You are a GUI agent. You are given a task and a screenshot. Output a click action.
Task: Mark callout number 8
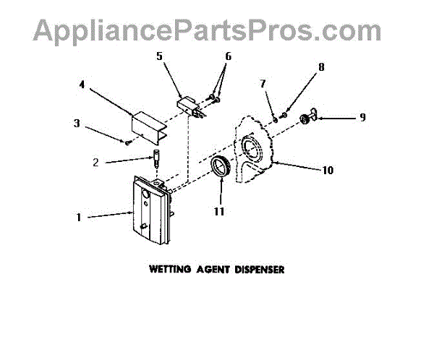tap(321, 67)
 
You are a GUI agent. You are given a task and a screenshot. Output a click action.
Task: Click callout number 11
tap(218, 212)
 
